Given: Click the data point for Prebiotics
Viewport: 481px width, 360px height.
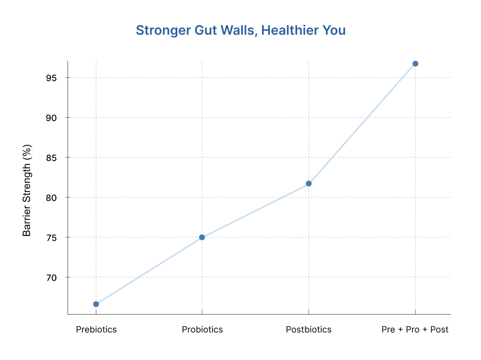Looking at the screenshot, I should (x=96, y=304).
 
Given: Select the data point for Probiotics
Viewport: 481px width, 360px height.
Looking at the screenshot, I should (x=202, y=237).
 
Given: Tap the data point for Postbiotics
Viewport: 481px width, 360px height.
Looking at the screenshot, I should (x=309, y=183).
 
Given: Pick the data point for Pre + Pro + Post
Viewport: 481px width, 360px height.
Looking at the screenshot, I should (x=415, y=64).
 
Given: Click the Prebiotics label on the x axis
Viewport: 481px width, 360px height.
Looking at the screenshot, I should (x=96, y=330).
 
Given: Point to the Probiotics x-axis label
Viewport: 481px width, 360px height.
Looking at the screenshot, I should (x=202, y=330).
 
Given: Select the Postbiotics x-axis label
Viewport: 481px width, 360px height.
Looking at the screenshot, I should (x=309, y=330).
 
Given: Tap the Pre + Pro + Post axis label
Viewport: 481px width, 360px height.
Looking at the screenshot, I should (x=415, y=330).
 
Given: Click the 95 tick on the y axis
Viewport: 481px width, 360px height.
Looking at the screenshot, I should (x=51, y=78).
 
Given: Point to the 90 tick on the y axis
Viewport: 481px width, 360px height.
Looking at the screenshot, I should (x=51, y=118).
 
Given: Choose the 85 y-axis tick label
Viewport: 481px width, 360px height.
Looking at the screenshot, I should (x=51, y=158).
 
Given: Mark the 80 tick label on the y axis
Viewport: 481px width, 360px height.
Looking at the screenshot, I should (x=51, y=198).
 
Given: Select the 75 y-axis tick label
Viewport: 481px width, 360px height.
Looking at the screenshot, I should (x=51, y=238).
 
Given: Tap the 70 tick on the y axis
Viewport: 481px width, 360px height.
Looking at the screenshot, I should (x=51, y=278).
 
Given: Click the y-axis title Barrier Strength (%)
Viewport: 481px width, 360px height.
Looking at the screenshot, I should (x=27, y=190).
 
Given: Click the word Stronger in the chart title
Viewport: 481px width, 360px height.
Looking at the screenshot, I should (x=163, y=30).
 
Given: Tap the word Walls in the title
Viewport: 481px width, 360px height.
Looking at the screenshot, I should (x=239, y=30).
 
